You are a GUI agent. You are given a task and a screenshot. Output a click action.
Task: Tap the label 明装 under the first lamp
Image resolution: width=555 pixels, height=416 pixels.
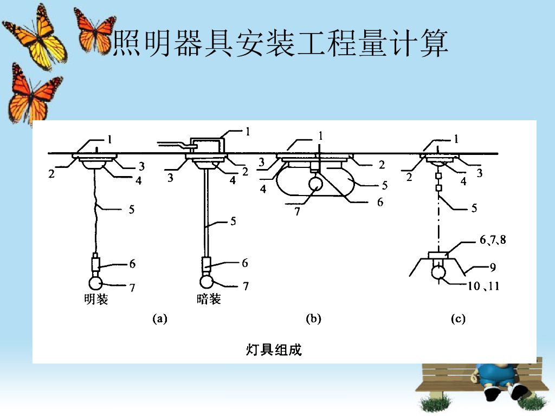pos(96,299)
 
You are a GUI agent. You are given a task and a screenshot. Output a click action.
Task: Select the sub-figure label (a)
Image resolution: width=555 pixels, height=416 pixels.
pos(159,319)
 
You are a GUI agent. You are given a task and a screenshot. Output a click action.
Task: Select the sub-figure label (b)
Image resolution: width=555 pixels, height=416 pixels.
pos(313,319)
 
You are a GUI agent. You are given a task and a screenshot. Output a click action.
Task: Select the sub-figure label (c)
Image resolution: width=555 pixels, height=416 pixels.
pos(458,319)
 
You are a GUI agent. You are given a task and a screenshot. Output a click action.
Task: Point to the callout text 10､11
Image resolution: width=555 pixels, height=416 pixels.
pos(483,286)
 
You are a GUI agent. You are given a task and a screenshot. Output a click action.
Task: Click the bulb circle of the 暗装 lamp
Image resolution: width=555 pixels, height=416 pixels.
pos(206,282)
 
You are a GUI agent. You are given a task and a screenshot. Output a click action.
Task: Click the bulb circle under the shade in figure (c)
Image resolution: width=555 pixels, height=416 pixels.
pos(438,271)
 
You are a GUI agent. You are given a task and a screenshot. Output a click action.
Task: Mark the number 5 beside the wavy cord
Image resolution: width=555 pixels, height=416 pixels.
pos(132,209)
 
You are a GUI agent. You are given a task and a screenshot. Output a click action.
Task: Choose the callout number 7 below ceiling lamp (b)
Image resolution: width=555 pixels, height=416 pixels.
pos(297,212)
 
